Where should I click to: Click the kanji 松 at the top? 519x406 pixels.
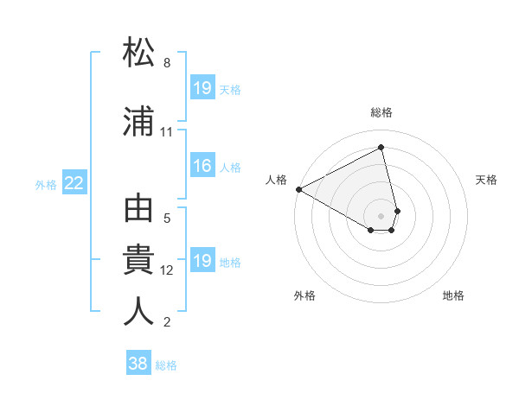[x=139, y=53]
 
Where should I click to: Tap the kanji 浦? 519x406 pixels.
[x=139, y=122]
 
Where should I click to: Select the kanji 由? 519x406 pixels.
[x=139, y=210]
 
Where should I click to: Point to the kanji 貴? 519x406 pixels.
[x=139, y=261]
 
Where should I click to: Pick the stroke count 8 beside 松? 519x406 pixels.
[x=167, y=63]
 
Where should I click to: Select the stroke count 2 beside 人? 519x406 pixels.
[x=167, y=322]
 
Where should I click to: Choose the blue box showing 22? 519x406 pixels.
[x=74, y=182]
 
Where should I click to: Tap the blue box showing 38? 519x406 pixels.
[x=138, y=364]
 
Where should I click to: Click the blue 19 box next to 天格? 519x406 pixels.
[x=202, y=88]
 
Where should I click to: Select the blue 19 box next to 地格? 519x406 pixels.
[x=202, y=261]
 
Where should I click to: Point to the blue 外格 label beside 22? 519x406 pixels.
[x=46, y=183]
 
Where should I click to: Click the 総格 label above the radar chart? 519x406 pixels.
[x=381, y=112]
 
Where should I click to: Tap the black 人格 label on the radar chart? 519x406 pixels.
[x=277, y=180]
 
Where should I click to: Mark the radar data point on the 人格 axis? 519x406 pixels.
[x=298, y=189]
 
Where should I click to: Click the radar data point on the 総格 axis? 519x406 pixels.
[x=381, y=148]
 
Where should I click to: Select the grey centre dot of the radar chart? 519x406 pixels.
[x=381, y=215]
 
